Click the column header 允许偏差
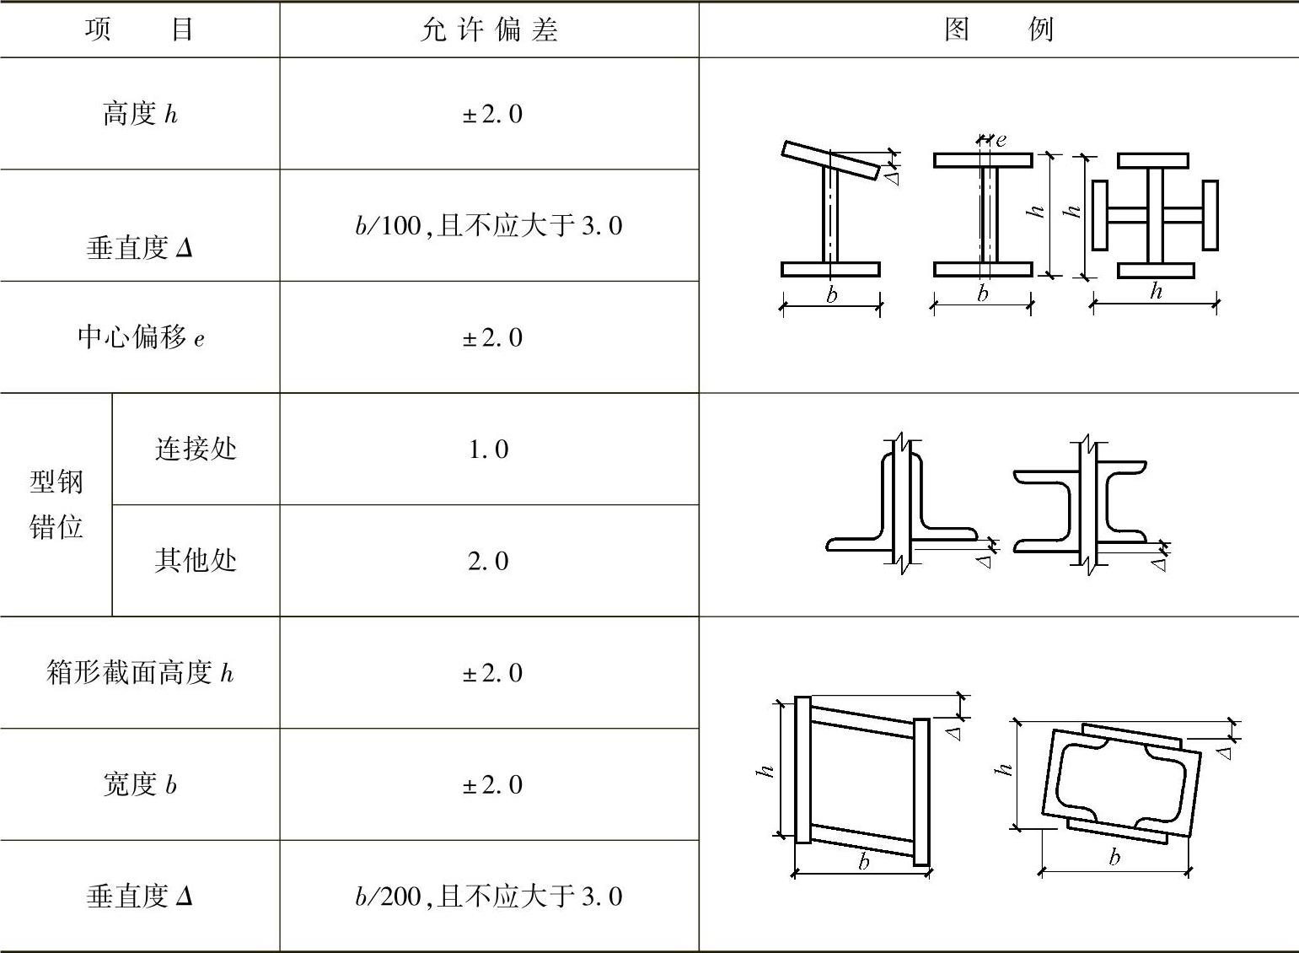(489, 30)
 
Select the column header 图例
(998, 30)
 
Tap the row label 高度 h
(140, 114)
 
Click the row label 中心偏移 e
(140, 337)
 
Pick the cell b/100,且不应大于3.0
(489, 226)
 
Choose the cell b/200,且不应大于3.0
(489, 896)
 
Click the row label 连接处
(196, 449)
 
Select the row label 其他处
(196, 560)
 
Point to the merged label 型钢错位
(56, 504)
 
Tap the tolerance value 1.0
(489, 450)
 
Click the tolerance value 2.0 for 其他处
(489, 561)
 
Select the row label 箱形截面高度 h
(140, 673)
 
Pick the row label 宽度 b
(140, 784)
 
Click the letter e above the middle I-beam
(1001, 140)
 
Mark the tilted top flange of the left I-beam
(830, 160)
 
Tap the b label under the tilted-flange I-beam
(832, 295)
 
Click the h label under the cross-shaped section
(1156, 292)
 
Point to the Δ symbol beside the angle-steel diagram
(984, 561)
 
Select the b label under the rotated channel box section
(1114, 858)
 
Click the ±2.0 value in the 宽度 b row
(492, 785)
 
